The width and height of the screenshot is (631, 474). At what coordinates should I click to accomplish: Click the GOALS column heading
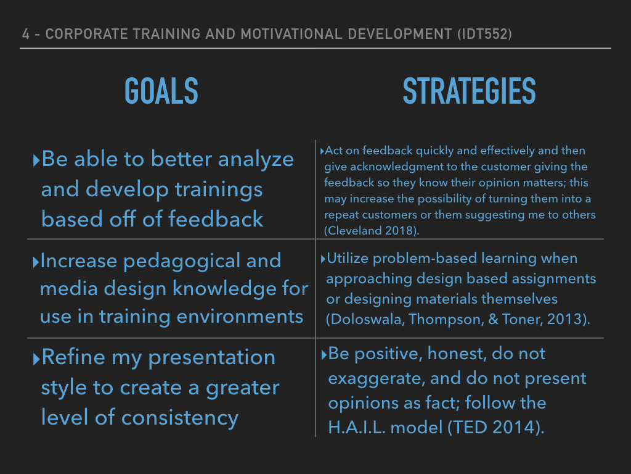click(161, 91)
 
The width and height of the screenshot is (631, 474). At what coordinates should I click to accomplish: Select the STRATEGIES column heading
click(469, 91)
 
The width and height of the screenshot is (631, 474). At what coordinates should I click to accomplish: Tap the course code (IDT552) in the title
click(484, 34)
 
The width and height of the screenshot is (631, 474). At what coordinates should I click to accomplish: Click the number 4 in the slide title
click(26, 34)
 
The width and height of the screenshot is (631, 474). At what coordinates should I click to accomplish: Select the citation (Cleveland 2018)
click(372, 231)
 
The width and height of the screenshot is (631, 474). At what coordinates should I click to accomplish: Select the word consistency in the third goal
click(180, 418)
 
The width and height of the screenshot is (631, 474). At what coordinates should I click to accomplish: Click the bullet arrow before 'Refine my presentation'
click(36, 359)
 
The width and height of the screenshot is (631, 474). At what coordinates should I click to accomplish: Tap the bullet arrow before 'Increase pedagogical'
click(36, 262)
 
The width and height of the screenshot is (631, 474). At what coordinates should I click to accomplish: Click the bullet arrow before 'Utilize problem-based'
click(323, 259)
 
